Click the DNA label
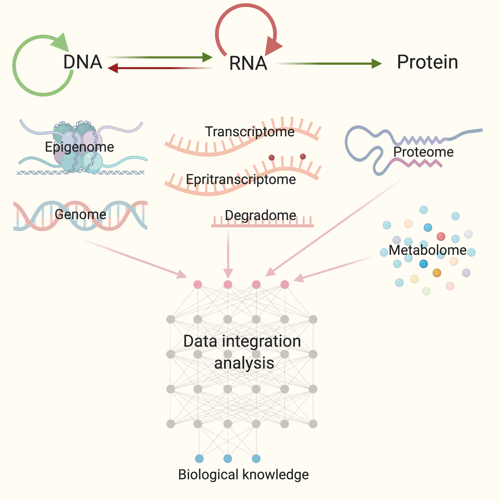tap(82, 62)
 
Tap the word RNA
tap(248, 63)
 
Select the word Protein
tap(427, 62)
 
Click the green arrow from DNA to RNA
tap(160, 57)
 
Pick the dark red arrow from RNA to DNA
tap(160, 68)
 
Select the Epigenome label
tap(79, 147)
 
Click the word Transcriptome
tap(249, 132)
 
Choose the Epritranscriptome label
tap(241, 180)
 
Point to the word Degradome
tap(261, 215)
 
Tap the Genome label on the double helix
tap(80, 214)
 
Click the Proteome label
tap(423, 152)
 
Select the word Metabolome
tap(428, 250)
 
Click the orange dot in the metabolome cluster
tap(437, 273)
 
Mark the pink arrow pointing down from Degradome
tap(228, 254)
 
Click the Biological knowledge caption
tap(243, 475)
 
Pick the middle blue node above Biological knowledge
tap(228, 459)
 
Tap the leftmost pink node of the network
tap(198, 285)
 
